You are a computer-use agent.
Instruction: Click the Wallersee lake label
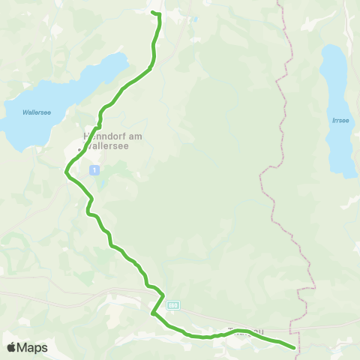coord(36,112)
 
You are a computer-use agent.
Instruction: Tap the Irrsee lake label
coord(340,119)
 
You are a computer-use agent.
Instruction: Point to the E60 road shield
coord(173,305)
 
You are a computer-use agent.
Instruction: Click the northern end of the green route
coord(152,13)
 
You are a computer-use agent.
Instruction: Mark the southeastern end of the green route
coord(292,347)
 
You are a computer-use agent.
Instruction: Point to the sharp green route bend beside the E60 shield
coord(152,313)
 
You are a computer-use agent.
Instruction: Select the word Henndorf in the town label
coord(102,136)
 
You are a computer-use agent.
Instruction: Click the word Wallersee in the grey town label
coord(109,146)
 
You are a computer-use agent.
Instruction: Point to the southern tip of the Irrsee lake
coord(346,175)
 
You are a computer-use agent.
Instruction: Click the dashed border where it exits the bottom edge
coord(298,357)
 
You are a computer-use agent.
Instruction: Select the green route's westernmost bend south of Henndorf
coord(66,172)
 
